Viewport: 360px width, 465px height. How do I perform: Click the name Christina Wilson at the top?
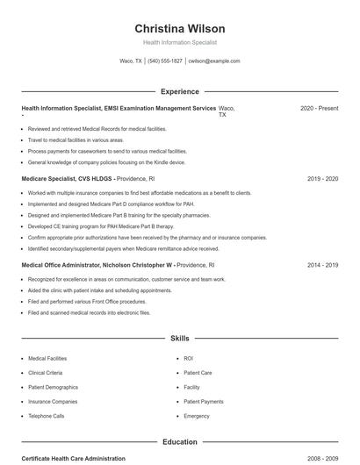pyautogui.click(x=179, y=28)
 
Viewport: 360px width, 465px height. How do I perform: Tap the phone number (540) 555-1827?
pyautogui.click(x=165, y=61)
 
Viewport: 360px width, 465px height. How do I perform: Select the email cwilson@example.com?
pyautogui.click(x=215, y=61)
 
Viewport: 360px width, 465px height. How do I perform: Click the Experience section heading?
pyautogui.click(x=179, y=91)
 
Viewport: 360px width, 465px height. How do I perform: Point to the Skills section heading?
pyautogui.click(x=179, y=338)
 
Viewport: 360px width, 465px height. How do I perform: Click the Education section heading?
pyautogui.click(x=179, y=442)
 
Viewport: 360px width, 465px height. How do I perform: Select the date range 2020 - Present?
pyautogui.click(x=319, y=108)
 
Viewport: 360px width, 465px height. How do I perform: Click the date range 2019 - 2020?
pyautogui.click(x=322, y=178)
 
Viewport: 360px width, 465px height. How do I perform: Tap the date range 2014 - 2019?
pyautogui.click(x=322, y=264)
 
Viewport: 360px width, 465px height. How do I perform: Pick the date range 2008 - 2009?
pyautogui.click(x=322, y=459)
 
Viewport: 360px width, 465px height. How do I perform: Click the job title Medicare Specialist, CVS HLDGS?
pyautogui.click(x=67, y=178)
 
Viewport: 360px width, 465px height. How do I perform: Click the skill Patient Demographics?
pyautogui.click(x=53, y=387)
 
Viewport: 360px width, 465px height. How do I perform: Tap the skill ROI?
pyautogui.click(x=189, y=359)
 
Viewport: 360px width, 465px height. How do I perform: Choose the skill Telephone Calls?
pyautogui.click(x=47, y=416)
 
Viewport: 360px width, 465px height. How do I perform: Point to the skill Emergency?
pyautogui.click(x=197, y=416)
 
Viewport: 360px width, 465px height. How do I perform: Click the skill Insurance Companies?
pyautogui.click(x=52, y=401)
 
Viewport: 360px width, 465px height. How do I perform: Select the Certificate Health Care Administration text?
pyautogui.click(x=73, y=459)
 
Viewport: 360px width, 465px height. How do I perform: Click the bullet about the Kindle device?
pyautogui.click(x=106, y=162)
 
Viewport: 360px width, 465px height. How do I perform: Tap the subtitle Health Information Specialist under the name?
pyautogui.click(x=179, y=42)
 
